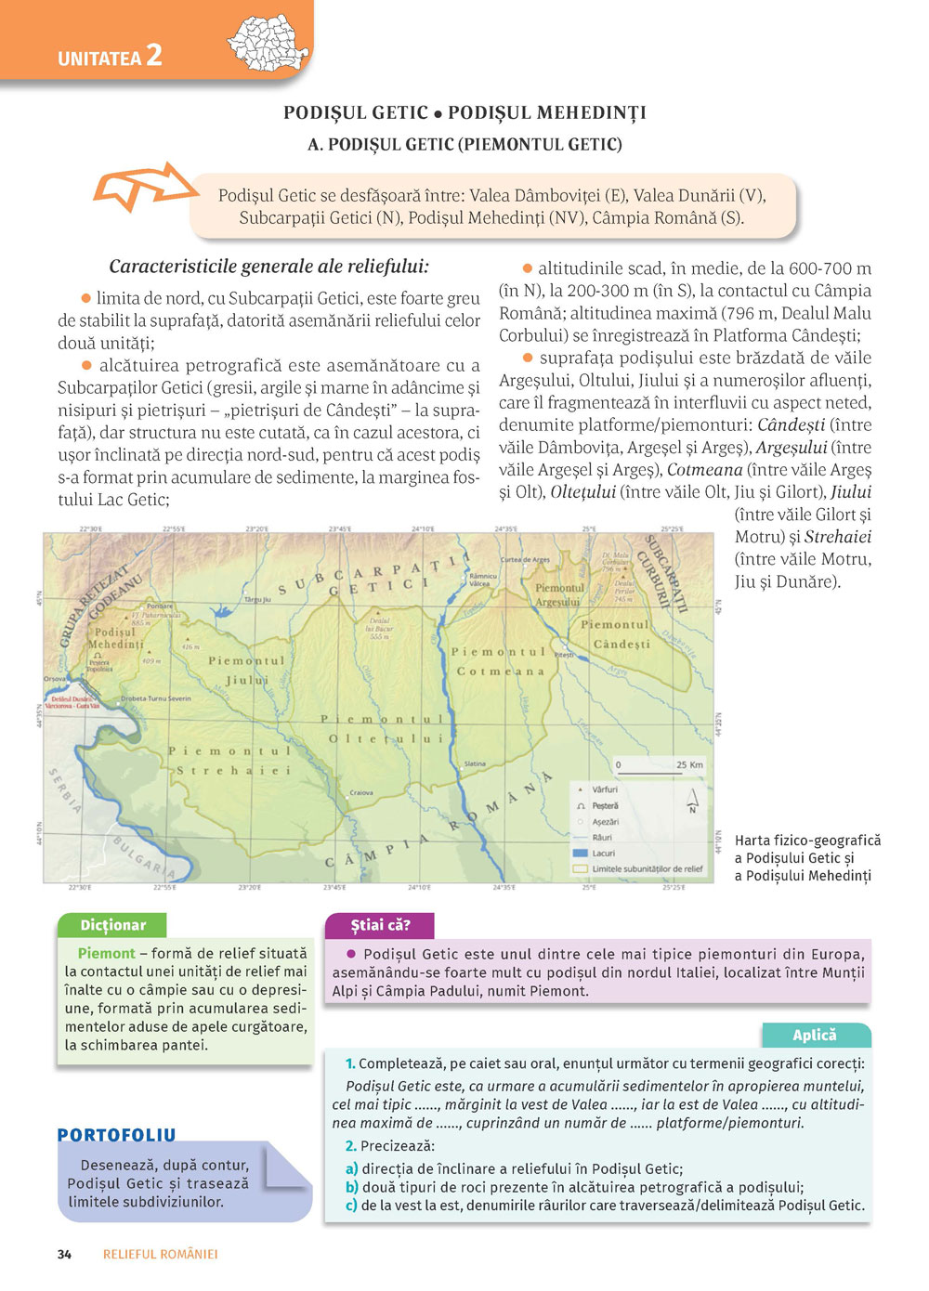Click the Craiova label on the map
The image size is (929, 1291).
point(361,793)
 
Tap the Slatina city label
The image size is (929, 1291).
point(475,763)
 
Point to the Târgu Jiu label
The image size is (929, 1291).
point(257,600)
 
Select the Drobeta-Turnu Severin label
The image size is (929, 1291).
point(156,698)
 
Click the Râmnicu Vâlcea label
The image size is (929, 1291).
point(482,580)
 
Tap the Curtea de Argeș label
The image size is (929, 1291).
point(525,560)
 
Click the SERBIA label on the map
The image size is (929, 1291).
point(66,789)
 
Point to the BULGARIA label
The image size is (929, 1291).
point(144,856)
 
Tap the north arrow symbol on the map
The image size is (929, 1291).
point(692,800)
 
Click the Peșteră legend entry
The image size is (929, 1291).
point(604,805)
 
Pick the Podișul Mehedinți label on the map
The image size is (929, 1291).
point(116,638)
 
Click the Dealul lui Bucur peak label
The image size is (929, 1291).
point(379,629)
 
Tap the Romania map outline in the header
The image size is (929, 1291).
point(268,43)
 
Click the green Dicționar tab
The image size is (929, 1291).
point(112,925)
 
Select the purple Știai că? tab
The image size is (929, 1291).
point(380,925)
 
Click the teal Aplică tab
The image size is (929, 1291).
point(815,1035)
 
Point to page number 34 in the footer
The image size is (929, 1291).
point(64,1254)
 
